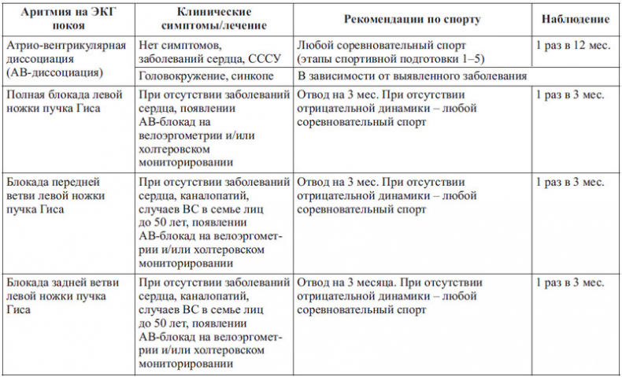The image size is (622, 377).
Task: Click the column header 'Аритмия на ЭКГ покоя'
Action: (68, 18)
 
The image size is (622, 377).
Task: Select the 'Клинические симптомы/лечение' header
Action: (212, 18)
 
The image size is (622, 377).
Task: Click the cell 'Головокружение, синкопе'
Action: (202, 76)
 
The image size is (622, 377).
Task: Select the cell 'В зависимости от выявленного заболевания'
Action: (412, 76)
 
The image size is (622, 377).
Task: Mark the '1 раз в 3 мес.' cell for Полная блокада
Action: (569, 95)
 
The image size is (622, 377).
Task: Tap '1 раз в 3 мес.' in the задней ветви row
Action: (569, 281)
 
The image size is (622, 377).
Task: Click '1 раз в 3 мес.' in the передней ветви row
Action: (569, 183)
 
